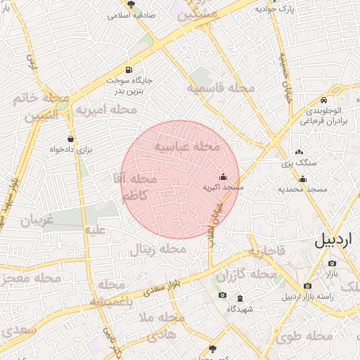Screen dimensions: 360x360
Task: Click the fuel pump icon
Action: pos(128,70)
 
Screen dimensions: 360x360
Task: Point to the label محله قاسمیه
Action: pos(220,88)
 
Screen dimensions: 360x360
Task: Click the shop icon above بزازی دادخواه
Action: pos(70,139)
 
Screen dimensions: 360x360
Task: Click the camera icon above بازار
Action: pos(332,263)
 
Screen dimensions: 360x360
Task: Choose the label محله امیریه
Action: pos(106,110)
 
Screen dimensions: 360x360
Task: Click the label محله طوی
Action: pos(304,336)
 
